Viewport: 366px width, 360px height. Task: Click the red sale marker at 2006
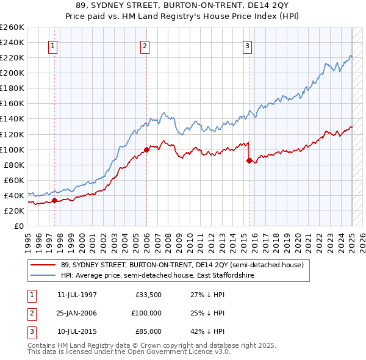click(x=146, y=149)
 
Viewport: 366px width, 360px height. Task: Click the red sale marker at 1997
click(x=54, y=200)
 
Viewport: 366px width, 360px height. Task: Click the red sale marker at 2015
click(x=249, y=160)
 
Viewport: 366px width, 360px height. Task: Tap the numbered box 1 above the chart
click(x=53, y=45)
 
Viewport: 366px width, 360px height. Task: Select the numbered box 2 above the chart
click(x=145, y=45)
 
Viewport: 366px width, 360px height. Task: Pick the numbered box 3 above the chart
click(x=248, y=45)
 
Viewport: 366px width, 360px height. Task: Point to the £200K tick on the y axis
click(x=13, y=73)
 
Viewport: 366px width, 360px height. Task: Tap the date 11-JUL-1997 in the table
click(x=77, y=295)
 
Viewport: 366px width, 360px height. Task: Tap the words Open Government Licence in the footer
click(x=177, y=352)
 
